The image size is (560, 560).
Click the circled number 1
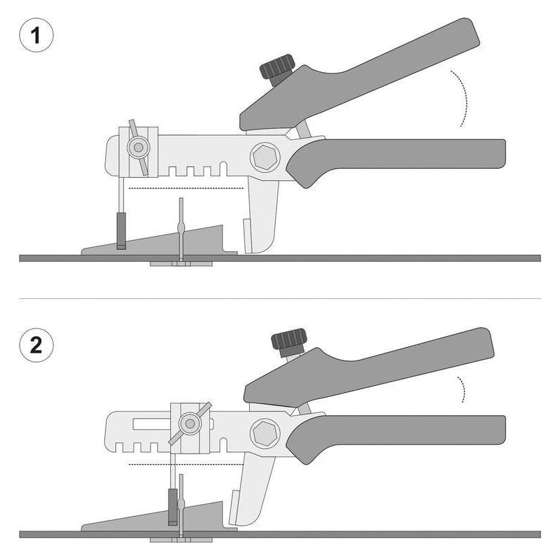click(36, 36)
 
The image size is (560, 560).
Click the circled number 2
click(36, 345)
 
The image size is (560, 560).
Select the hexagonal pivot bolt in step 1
click(265, 157)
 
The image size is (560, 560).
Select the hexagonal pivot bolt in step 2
click(265, 433)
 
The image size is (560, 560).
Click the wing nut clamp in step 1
click(138, 147)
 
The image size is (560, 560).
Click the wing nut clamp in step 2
click(190, 424)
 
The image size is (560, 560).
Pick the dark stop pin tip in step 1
click(121, 231)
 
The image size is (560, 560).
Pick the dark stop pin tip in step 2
click(173, 507)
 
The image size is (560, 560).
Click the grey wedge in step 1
click(157, 243)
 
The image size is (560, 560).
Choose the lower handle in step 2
click(395, 436)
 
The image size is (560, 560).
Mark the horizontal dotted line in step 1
click(185, 188)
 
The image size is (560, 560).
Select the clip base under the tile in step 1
click(181, 264)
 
